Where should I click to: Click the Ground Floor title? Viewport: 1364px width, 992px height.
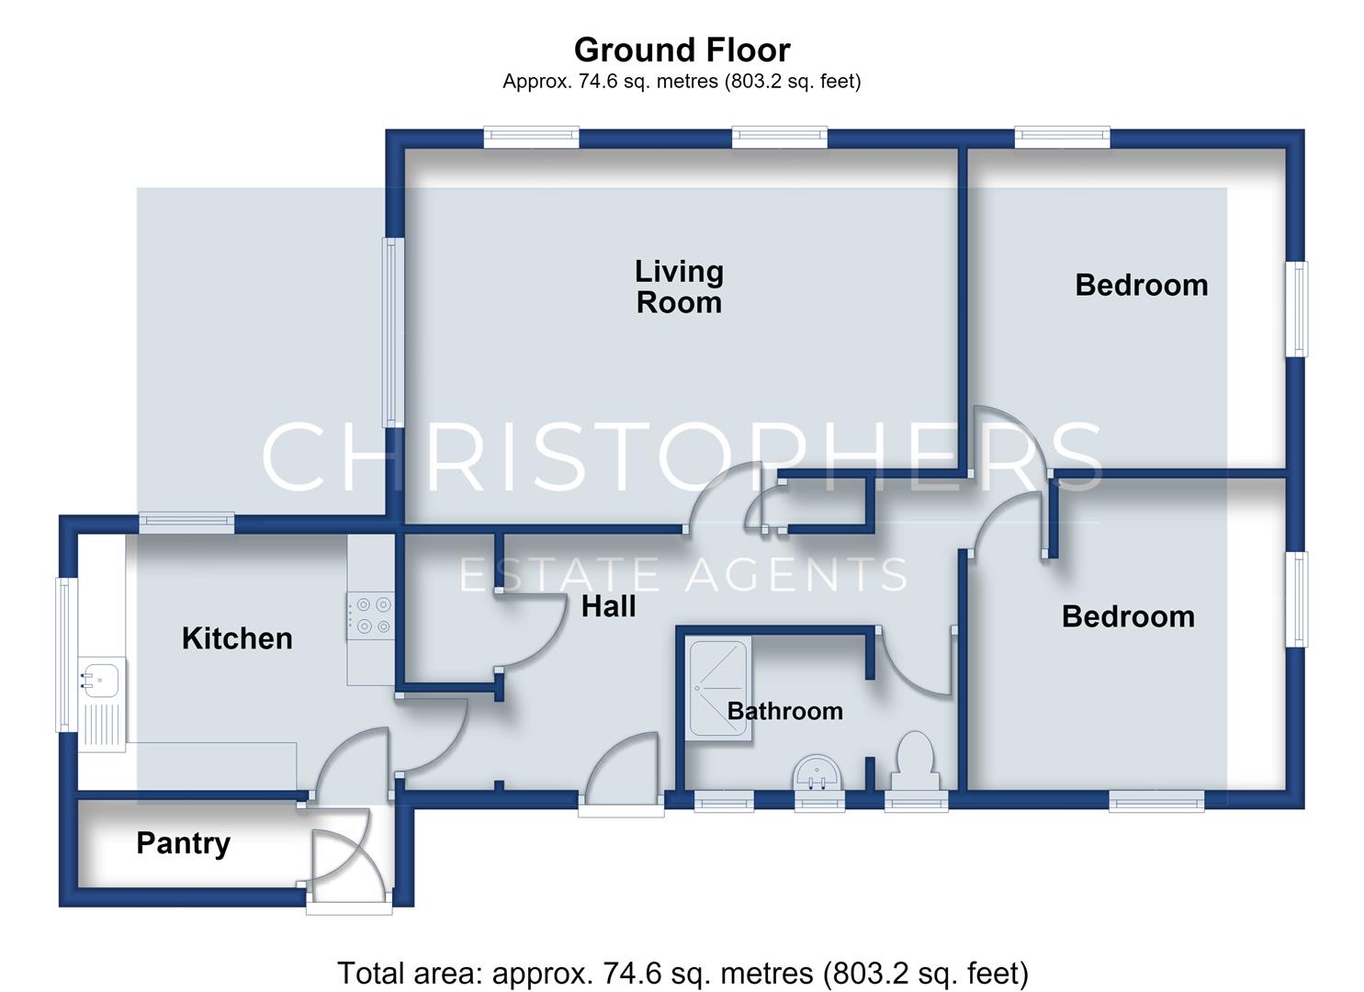point(682,50)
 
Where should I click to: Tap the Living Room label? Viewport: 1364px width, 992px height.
point(679,287)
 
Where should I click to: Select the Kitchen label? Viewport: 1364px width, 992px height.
point(237,638)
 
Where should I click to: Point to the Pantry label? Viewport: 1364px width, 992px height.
point(184,844)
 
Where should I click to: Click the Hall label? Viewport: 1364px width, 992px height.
point(608,606)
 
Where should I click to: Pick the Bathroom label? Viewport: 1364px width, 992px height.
point(785,711)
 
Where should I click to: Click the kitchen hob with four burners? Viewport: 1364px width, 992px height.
point(370,615)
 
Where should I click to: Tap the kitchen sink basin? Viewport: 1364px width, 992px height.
point(102,677)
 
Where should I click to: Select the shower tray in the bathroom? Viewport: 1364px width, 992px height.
point(718,688)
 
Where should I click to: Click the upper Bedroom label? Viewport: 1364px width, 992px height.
point(1141,285)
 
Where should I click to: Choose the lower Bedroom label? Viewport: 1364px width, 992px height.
point(1128,616)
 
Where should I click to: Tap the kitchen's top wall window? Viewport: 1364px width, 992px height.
point(186,523)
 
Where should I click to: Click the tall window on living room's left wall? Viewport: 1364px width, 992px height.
point(393,332)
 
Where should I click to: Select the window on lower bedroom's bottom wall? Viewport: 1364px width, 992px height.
point(1155,801)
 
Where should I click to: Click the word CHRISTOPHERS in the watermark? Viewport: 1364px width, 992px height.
point(682,457)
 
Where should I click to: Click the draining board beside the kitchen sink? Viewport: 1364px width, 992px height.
point(102,725)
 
